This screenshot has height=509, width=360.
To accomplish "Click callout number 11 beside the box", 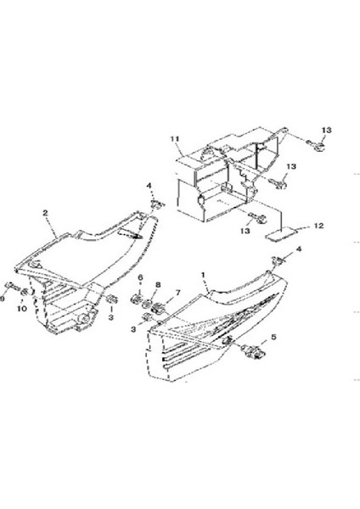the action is pos(175,139).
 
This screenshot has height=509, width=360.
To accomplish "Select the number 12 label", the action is pos(319,226).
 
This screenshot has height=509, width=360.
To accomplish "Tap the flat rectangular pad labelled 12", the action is pos(281,234).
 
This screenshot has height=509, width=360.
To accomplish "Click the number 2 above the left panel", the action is pos(45,213).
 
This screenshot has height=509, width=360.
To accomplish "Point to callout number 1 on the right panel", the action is pos(203,275).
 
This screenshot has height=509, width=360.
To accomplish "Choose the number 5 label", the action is pos(273,337).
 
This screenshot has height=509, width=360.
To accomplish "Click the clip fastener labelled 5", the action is pos(252,351).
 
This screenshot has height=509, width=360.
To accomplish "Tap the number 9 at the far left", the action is pos(2,299).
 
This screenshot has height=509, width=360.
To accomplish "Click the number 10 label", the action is pos(22,308).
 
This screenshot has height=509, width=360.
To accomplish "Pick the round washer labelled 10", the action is pos(25,292).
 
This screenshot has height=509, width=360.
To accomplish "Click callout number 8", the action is pos(158,285).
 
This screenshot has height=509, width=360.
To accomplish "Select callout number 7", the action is pos(177,293).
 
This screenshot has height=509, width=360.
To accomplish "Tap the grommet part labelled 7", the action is pos(159,308).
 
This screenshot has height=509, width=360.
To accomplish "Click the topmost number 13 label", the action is pos(327,130).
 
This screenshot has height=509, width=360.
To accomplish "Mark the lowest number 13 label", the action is pos(245,231).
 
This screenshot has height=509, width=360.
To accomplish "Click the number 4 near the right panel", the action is pos(299,249).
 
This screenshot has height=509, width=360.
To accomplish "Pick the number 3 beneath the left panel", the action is pos(110,317).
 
